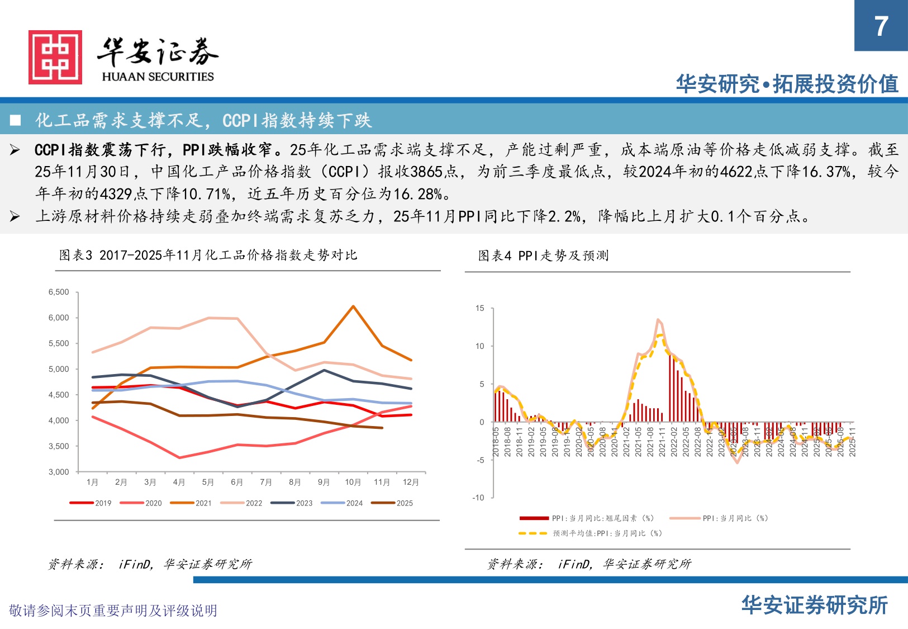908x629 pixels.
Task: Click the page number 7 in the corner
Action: click(881, 26)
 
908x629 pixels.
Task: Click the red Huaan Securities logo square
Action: click(55, 58)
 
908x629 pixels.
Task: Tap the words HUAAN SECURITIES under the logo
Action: click(158, 77)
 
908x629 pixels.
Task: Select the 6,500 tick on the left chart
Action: click(59, 292)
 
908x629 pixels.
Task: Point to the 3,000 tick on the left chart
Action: click(59, 472)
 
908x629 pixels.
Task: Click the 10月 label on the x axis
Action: click(353, 482)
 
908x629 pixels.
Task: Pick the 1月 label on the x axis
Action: click(92, 482)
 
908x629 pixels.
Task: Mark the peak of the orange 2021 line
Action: click(353, 306)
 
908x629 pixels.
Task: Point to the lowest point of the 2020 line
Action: click(179, 458)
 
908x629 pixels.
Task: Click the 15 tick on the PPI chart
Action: click(480, 308)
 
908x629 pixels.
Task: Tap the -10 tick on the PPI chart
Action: click(478, 498)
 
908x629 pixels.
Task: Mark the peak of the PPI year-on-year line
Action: click(658, 320)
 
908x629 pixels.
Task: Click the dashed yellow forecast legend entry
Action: click(590, 533)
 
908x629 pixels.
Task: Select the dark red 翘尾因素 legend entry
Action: click(587, 518)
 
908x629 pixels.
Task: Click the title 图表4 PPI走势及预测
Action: click(543, 256)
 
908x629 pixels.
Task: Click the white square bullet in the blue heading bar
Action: click(16, 120)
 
